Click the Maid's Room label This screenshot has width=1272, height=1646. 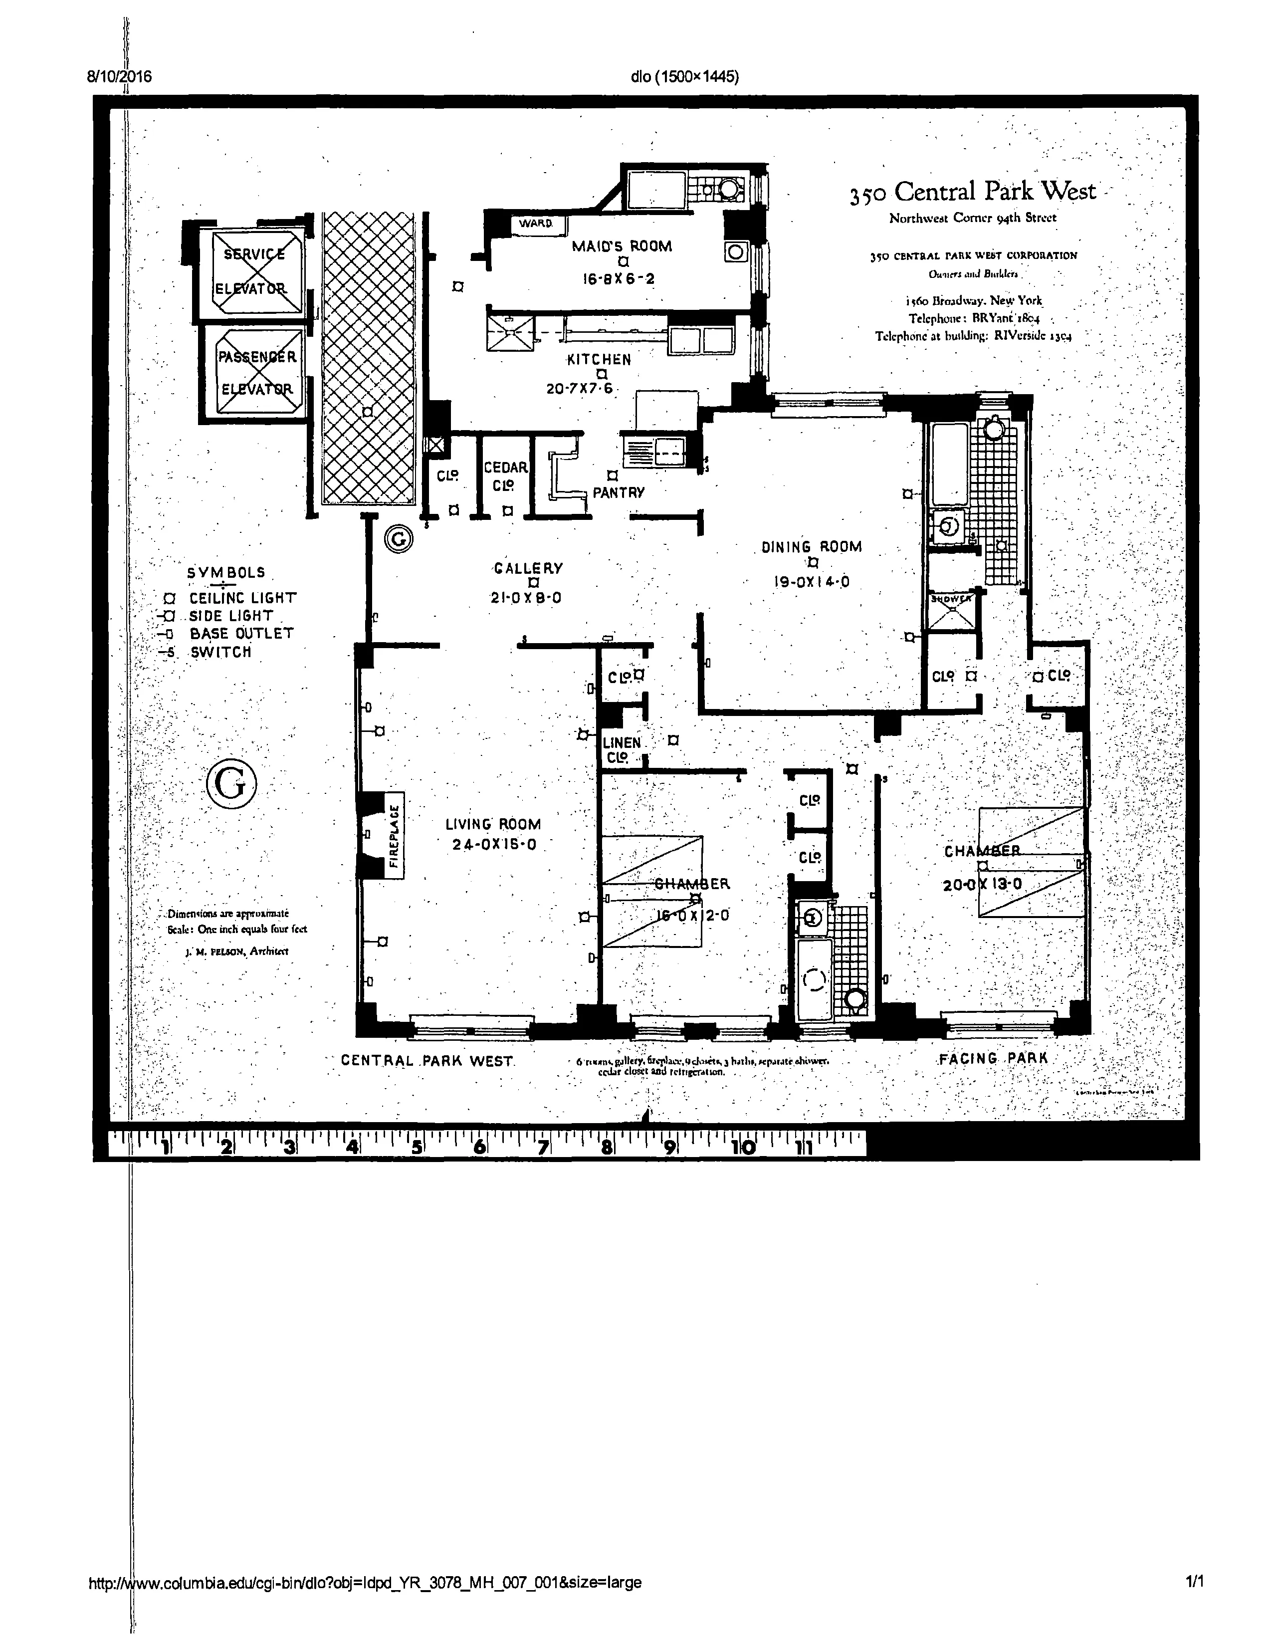pos(621,245)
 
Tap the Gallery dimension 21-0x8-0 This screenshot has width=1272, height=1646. pos(526,598)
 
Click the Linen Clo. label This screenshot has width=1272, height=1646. pos(621,750)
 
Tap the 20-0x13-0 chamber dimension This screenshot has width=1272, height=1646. pos(982,884)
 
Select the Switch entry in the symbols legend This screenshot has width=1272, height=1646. pos(220,652)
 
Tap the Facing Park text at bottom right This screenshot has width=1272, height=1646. pos(993,1058)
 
